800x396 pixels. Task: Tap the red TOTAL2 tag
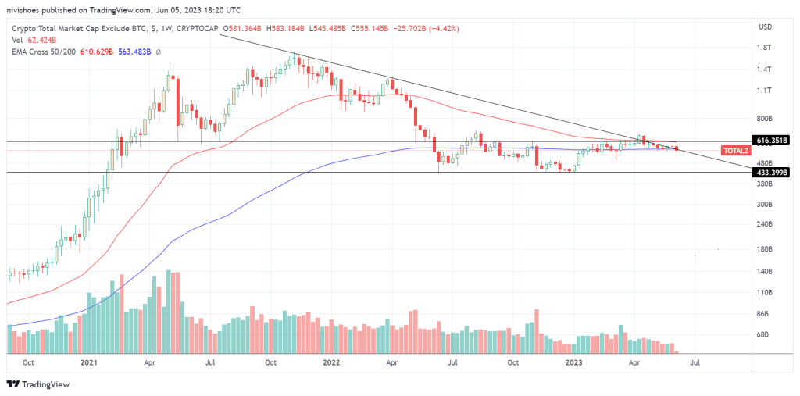[736, 150]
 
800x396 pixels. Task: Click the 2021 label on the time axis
[89, 363]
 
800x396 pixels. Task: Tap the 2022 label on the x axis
[331, 363]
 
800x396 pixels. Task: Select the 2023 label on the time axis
[574, 363]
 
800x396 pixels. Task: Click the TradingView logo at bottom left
[38, 384]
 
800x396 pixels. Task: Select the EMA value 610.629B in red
[95, 52]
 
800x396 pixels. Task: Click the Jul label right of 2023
[695, 363]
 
